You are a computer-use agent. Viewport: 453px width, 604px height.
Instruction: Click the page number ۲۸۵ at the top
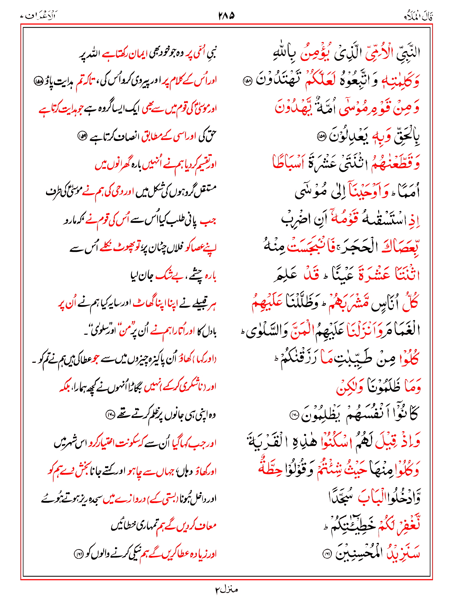pyautogui.click(x=226, y=16)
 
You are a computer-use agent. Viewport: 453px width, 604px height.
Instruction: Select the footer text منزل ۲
pyautogui.click(x=226, y=590)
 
